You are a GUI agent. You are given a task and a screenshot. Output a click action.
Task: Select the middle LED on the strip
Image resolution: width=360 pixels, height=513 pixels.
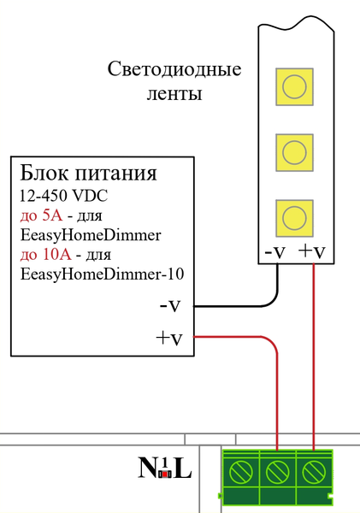click(294, 150)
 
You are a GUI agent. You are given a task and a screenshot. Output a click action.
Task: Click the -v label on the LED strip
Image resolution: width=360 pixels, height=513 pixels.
click(274, 252)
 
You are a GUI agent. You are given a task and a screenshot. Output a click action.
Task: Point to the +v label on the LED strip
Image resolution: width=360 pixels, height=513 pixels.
click(311, 252)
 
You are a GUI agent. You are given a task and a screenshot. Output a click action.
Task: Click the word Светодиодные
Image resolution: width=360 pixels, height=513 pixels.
click(174, 69)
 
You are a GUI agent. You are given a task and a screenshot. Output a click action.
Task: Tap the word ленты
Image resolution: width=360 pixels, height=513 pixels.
click(174, 93)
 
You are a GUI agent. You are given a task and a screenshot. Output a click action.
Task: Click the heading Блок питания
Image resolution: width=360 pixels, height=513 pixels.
click(88, 174)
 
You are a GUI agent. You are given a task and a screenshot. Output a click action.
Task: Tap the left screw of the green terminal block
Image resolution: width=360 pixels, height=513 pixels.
click(240, 470)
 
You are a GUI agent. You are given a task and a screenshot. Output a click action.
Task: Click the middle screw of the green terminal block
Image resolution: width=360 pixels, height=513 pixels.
click(277, 470)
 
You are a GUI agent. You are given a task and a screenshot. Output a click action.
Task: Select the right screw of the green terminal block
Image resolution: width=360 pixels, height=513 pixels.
click(314, 470)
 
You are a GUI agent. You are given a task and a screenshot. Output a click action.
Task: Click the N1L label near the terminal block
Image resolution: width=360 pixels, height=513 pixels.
click(165, 469)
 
